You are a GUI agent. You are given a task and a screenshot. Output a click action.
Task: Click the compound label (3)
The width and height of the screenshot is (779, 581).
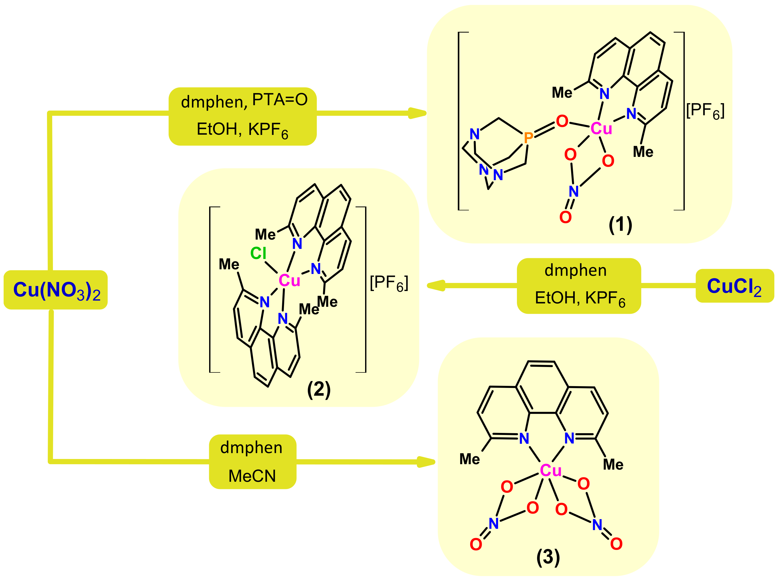tap(548, 557)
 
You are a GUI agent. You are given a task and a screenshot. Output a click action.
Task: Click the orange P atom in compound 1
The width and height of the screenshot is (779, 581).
tap(528, 138)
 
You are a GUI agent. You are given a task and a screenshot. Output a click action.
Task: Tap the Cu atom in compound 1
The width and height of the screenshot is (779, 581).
tap(601, 128)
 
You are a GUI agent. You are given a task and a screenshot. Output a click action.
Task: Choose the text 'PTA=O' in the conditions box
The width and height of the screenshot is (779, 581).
tap(280, 100)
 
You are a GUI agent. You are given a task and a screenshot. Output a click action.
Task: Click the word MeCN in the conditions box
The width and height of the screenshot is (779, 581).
tap(252, 476)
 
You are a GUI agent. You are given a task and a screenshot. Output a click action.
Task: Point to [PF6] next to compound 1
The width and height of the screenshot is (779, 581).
tap(705, 111)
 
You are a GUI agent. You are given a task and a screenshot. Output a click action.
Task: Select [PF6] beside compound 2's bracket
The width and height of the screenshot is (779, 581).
tap(389, 283)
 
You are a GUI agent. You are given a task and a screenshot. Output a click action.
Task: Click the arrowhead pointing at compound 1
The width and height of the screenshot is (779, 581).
tap(418, 113)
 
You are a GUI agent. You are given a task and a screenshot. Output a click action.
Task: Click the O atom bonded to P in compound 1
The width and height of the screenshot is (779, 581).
tap(562, 121)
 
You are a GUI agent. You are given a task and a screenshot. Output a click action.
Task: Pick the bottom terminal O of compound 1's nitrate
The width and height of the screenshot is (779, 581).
tap(565, 217)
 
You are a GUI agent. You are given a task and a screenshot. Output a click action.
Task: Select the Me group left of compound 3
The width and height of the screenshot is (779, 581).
tap(469, 459)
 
